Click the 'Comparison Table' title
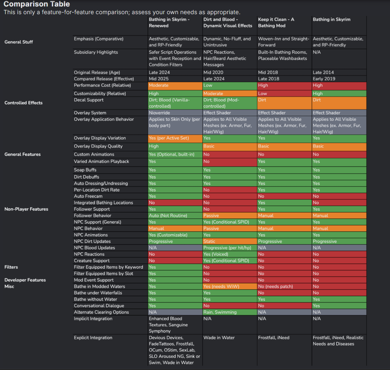pyautogui.click(x=37, y=4)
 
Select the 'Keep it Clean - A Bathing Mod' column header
pyautogui.click(x=276, y=22)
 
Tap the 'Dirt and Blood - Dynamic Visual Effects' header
pyautogui.click(x=227, y=22)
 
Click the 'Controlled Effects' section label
pyautogui.click(x=23, y=103)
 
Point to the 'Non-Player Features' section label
pyautogui.click(x=26, y=209)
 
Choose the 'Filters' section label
pyautogui.click(x=11, y=267)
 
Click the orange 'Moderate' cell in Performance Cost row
pyautogui.click(x=175, y=85)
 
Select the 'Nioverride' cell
pyautogui.click(x=175, y=113)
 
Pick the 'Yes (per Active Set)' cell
pyautogui.click(x=175, y=138)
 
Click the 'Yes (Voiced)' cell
pyautogui.click(x=230, y=254)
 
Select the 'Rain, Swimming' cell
pyautogui.click(x=230, y=312)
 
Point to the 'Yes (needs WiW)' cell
pyautogui.click(x=230, y=286)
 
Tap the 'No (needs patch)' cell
pyautogui.click(x=284, y=286)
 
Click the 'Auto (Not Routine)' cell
pyautogui.click(x=175, y=215)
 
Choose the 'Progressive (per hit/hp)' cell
pyautogui.click(x=230, y=248)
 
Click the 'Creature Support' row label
pyautogui.click(x=92, y=261)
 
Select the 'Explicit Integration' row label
pyautogui.click(x=93, y=337)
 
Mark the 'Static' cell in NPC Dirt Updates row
pyautogui.click(x=230, y=241)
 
